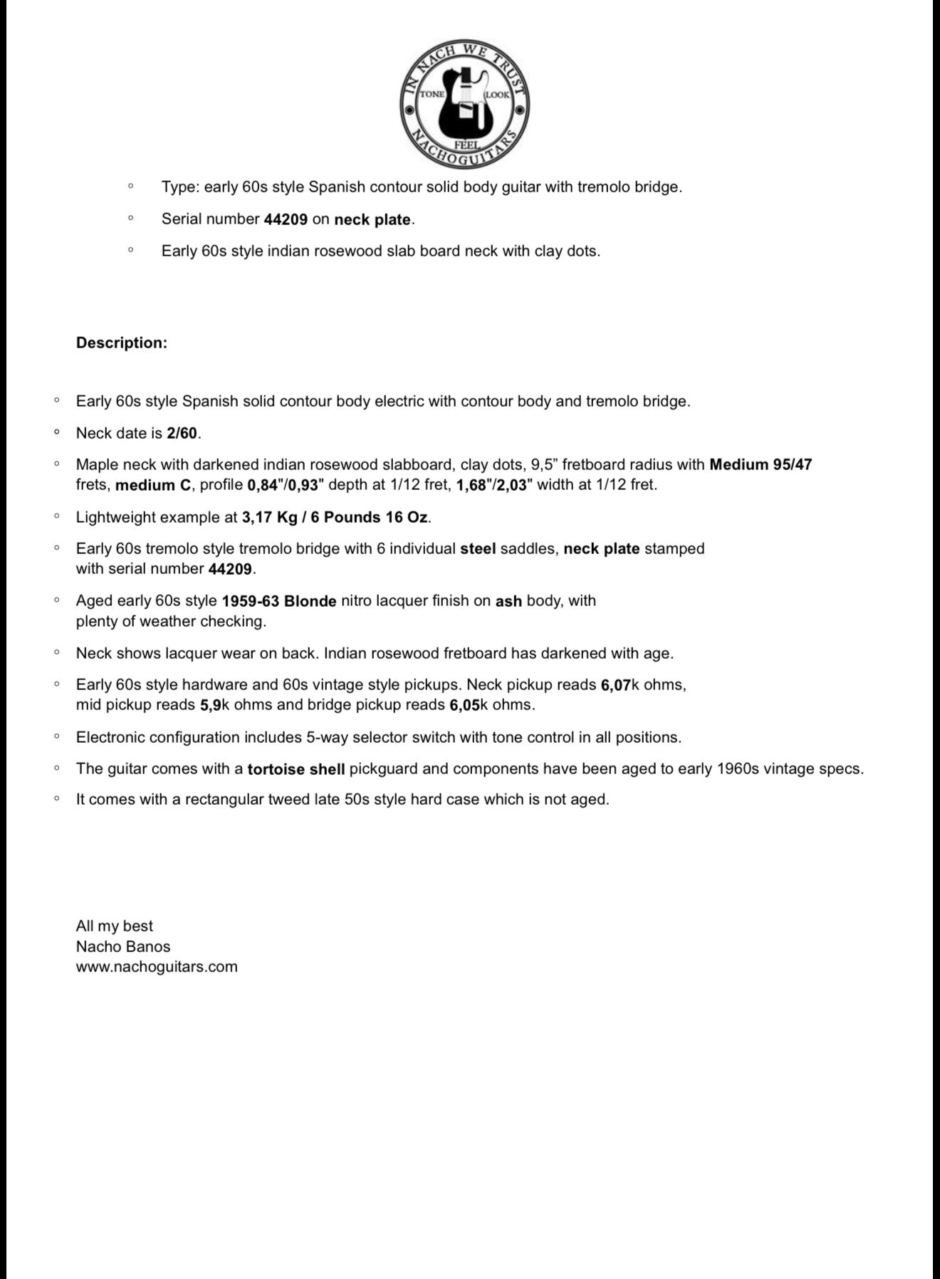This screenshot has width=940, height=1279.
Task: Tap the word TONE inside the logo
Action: [x=432, y=94]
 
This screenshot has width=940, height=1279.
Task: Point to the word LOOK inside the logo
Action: [x=497, y=94]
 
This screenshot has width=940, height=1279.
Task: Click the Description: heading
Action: [x=122, y=343]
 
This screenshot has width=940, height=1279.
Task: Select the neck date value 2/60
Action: [x=182, y=433]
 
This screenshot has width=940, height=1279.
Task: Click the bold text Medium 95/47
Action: [x=761, y=464]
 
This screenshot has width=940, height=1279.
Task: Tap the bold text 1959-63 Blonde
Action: [x=279, y=601]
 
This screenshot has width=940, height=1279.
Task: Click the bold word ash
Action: [x=508, y=601]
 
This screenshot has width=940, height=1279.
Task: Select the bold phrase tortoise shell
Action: [x=296, y=769]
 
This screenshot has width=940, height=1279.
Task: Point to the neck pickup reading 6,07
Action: [x=616, y=685]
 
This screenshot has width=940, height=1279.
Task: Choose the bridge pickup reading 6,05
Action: [x=464, y=705]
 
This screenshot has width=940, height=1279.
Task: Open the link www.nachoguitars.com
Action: [x=157, y=966]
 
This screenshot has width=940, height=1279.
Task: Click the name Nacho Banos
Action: [x=123, y=946]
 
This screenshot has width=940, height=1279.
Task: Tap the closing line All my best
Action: [x=115, y=926]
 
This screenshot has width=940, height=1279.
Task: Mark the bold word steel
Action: [x=478, y=549]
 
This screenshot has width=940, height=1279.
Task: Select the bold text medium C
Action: [x=154, y=485]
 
